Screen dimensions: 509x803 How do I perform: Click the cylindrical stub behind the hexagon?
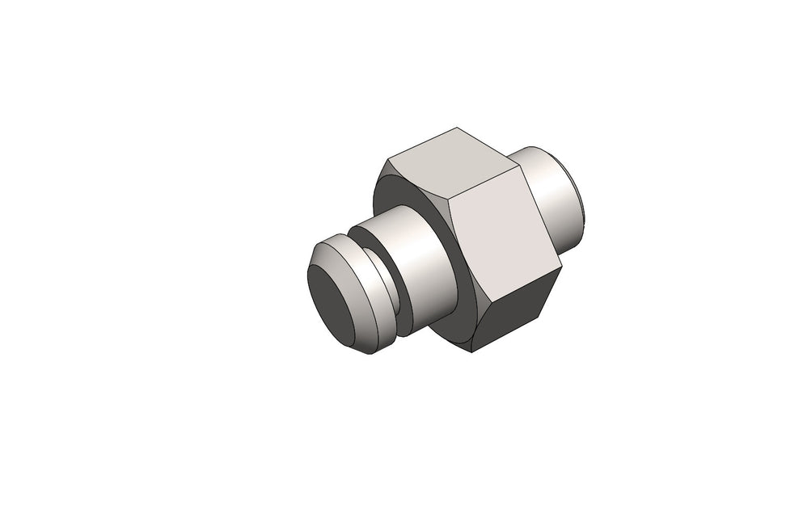point(550,194)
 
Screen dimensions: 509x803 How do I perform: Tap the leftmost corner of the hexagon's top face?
point(387,158)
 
